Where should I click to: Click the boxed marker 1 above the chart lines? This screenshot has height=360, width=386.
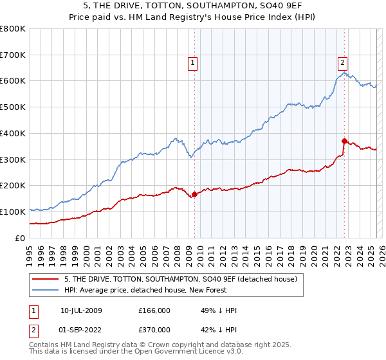193,62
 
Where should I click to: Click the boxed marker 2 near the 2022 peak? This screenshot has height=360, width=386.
343,62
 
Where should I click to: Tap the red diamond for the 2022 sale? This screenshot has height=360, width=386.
344,141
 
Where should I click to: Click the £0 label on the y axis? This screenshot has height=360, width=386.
21,238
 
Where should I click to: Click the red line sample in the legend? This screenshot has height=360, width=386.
45,279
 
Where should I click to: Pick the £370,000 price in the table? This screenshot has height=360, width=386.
155,329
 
